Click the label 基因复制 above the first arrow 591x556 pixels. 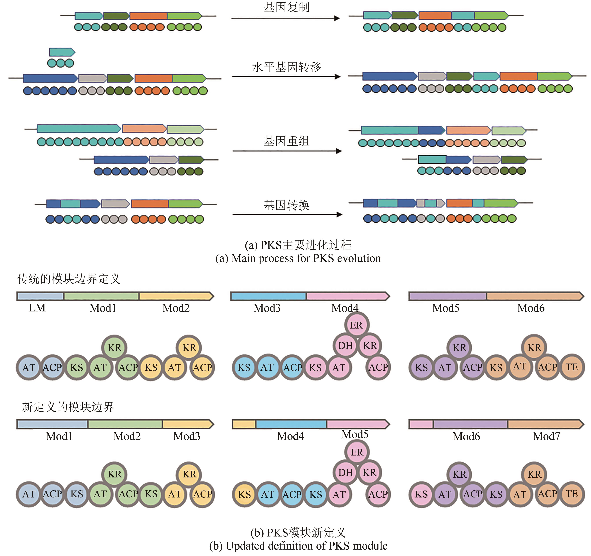tap(286, 7)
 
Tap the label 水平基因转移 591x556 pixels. tap(286, 67)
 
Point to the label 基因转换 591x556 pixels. tap(286, 205)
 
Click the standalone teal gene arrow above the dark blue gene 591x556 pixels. tap(62, 52)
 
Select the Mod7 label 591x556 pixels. tap(546, 436)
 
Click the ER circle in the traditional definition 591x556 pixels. tap(357, 325)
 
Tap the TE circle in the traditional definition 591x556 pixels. tap(572, 367)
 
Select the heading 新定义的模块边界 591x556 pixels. tap(68, 407)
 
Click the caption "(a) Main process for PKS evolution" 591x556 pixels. tap(298, 258)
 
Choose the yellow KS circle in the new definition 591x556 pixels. tap(244, 494)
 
